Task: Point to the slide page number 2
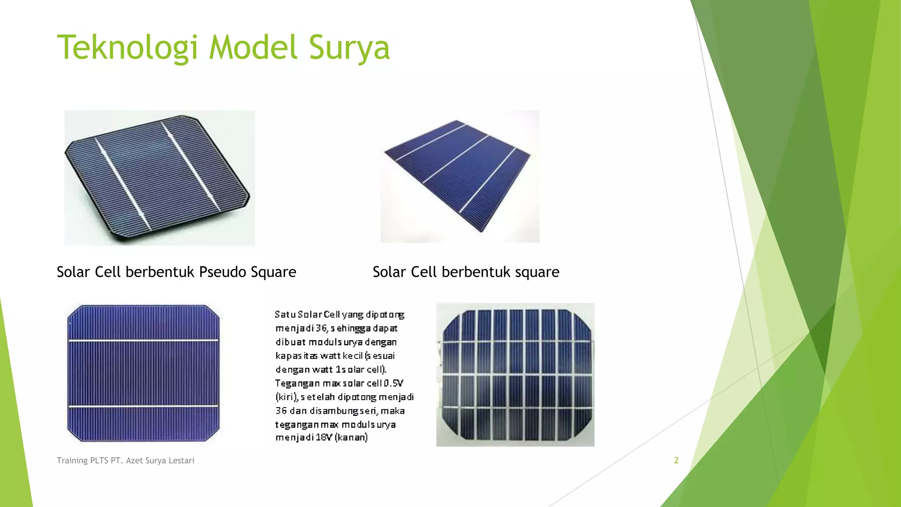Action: pyautogui.click(x=676, y=460)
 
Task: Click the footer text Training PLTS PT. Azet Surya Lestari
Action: pyautogui.click(x=125, y=460)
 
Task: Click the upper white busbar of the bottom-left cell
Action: pyautogui.click(x=143, y=340)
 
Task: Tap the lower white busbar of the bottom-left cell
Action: pyautogui.click(x=143, y=406)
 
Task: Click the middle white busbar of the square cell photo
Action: pyautogui.click(x=455, y=159)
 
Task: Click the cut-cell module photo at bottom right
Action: pyautogui.click(x=515, y=375)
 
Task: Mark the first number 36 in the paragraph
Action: pyautogui.click(x=322, y=328)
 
